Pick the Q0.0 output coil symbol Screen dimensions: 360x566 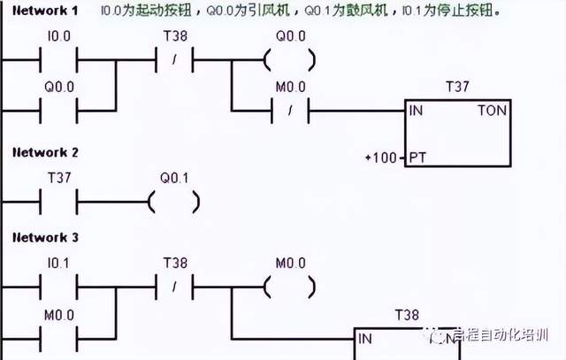point(288,61)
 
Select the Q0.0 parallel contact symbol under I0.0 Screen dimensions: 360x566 point(59,111)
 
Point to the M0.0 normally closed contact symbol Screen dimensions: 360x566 point(288,111)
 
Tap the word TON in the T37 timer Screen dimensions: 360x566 point(491,111)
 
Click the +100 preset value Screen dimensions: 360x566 point(379,158)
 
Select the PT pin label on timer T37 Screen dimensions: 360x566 point(417,158)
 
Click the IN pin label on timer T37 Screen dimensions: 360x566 point(416,111)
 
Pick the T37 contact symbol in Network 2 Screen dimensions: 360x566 point(59,202)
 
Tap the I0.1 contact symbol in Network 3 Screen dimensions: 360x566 point(59,287)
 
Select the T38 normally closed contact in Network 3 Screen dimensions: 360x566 point(174,287)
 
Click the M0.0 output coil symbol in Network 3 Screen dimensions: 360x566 point(288,287)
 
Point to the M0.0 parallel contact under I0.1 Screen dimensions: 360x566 point(59,337)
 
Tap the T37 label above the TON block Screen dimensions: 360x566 point(457,88)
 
